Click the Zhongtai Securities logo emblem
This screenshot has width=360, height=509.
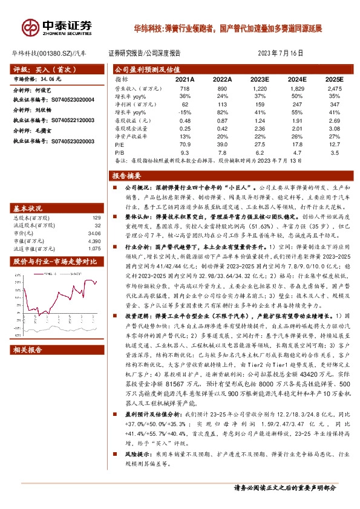pyautogui.click(x=28, y=27)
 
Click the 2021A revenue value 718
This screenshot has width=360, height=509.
pyautogui.click(x=185, y=88)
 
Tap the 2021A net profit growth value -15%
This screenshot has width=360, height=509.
pyautogui.click(x=185, y=112)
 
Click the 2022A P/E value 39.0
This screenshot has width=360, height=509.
pyautogui.click(x=222, y=145)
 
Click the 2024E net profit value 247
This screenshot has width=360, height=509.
pyautogui.click(x=296, y=105)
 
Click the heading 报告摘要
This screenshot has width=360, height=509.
pyautogui.click(x=126, y=176)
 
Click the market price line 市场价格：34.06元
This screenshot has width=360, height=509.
pyautogui.click(x=37, y=79)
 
